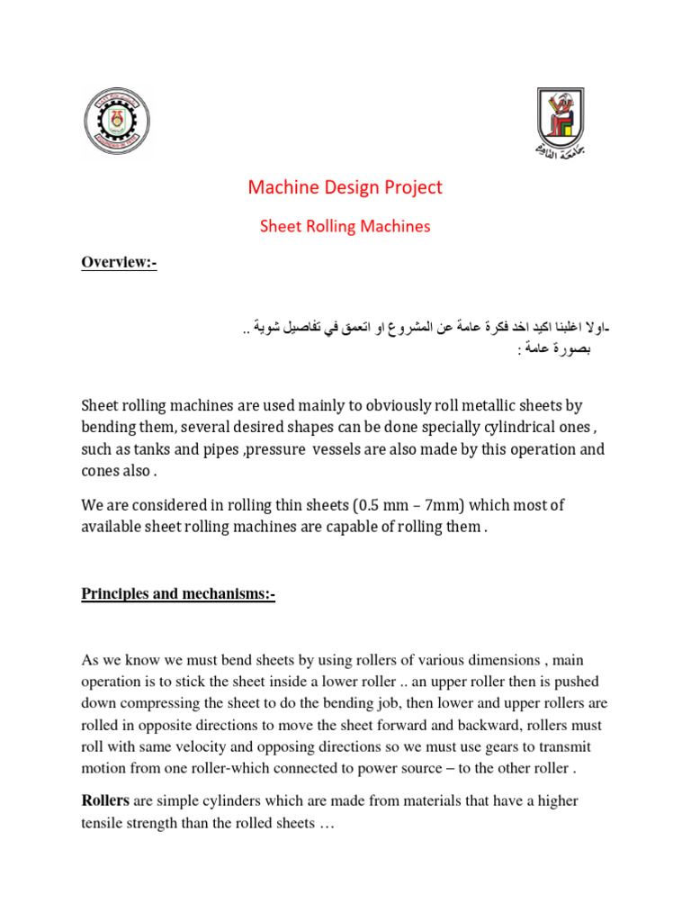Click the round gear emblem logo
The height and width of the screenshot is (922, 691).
(x=117, y=122)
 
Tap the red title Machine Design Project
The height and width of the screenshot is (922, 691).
(x=345, y=187)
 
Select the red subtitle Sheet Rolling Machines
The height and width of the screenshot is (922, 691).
(x=345, y=227)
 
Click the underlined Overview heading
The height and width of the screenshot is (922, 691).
(x=119, y=263)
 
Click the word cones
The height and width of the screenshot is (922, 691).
(x=102, y=470)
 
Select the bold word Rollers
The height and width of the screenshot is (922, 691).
(x=106, y=800)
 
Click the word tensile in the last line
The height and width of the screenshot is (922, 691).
(x=105, y=822)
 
